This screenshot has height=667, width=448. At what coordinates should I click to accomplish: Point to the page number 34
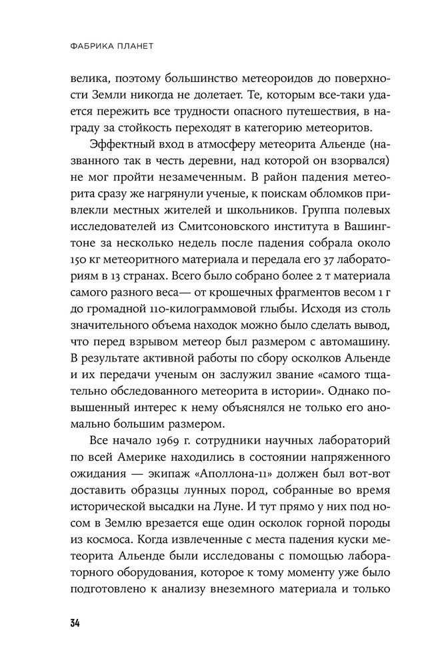pos(74,624)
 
